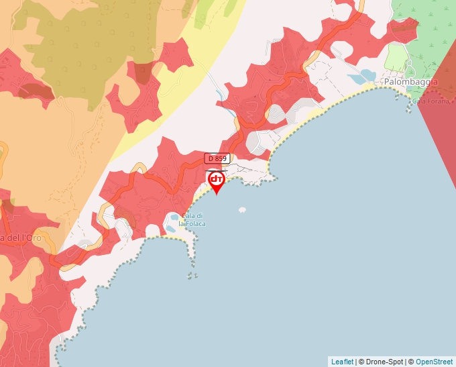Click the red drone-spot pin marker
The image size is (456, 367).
(216, 181)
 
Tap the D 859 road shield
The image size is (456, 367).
(217, 158)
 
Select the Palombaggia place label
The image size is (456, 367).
(410, 82)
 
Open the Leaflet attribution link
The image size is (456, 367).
(342, 362)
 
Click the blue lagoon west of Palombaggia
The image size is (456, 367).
(368, 74)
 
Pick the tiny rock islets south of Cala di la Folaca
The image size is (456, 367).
(192, 274)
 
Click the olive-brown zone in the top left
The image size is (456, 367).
(80, 47)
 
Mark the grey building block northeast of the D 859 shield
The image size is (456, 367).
(259, 141)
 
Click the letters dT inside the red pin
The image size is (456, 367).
(216, 179)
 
